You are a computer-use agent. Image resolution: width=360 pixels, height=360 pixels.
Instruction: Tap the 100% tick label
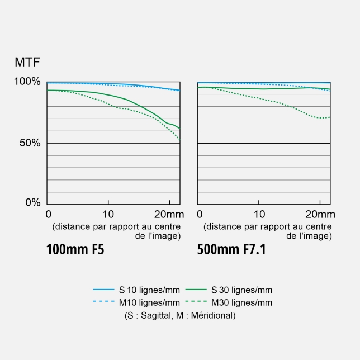tap(27, 82)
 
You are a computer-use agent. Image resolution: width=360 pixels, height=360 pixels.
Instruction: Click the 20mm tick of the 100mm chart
tap(169, 214)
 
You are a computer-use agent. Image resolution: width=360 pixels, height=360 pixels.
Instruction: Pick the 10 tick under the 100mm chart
tap(108, 214)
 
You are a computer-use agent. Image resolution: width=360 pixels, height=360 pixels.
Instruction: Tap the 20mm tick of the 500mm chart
tap(320, 214)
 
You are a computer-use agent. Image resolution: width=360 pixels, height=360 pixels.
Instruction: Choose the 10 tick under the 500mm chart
tap(259, 214)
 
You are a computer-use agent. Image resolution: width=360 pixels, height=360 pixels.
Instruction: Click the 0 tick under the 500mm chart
tap(199, 214)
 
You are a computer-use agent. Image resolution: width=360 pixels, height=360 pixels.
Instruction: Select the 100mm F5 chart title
tap(75, 249)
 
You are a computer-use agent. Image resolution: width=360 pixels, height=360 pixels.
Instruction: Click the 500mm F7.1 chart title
tap(231, 249)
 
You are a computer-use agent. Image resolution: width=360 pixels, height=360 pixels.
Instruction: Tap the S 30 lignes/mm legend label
tap(242, 290)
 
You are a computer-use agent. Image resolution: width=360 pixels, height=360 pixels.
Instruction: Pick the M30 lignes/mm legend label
tap(242, 302)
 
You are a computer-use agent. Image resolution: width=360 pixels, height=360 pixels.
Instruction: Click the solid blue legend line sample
tap(103, 290)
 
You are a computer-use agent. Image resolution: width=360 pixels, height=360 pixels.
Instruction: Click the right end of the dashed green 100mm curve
tap(179, 139)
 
